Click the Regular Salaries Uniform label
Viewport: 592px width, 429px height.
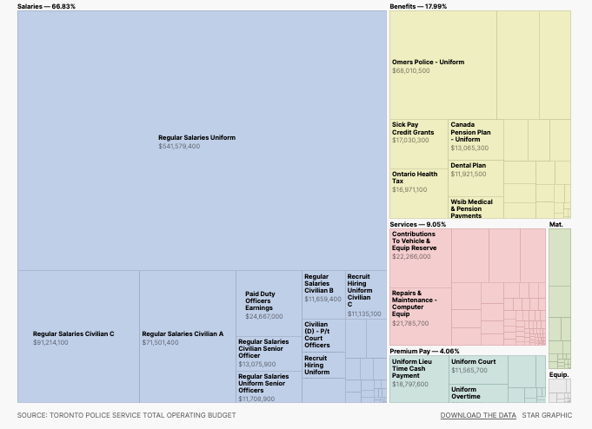click(x=196, y=137)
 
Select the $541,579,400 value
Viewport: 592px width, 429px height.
click(x=179, y=146)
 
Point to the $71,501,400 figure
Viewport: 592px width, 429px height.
click(x=161, y=343)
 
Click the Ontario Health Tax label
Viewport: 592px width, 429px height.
click(x=415, y=177)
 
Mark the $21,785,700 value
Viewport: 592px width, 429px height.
click(x=410, y=323)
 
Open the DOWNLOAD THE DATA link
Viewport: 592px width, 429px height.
click(x=477, y=415)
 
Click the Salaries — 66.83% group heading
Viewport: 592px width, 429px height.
click(x=46, y=6)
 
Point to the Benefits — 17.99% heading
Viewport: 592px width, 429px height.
click(x=418, y=6)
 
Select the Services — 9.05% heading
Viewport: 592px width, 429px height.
click(x=417, y=224)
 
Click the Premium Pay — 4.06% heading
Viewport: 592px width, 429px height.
click(x=424, y=352)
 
